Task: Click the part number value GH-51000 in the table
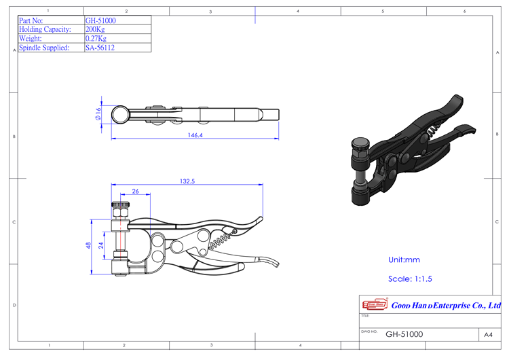click(100, 21)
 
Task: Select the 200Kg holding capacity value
click(96, 30)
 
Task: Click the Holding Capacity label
click(45, 30)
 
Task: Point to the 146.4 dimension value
click(194, 136)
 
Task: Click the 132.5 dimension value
click(187, 181)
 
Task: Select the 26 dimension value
click(135, 192)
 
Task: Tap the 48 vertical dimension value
click(89, 245)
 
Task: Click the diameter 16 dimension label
click(98, 114)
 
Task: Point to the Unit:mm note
click(404, 259)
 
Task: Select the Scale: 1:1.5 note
click(410, 278)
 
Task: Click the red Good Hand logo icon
click(373, 305)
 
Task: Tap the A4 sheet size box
click(487, 334)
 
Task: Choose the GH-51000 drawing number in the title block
click(404, 334)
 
